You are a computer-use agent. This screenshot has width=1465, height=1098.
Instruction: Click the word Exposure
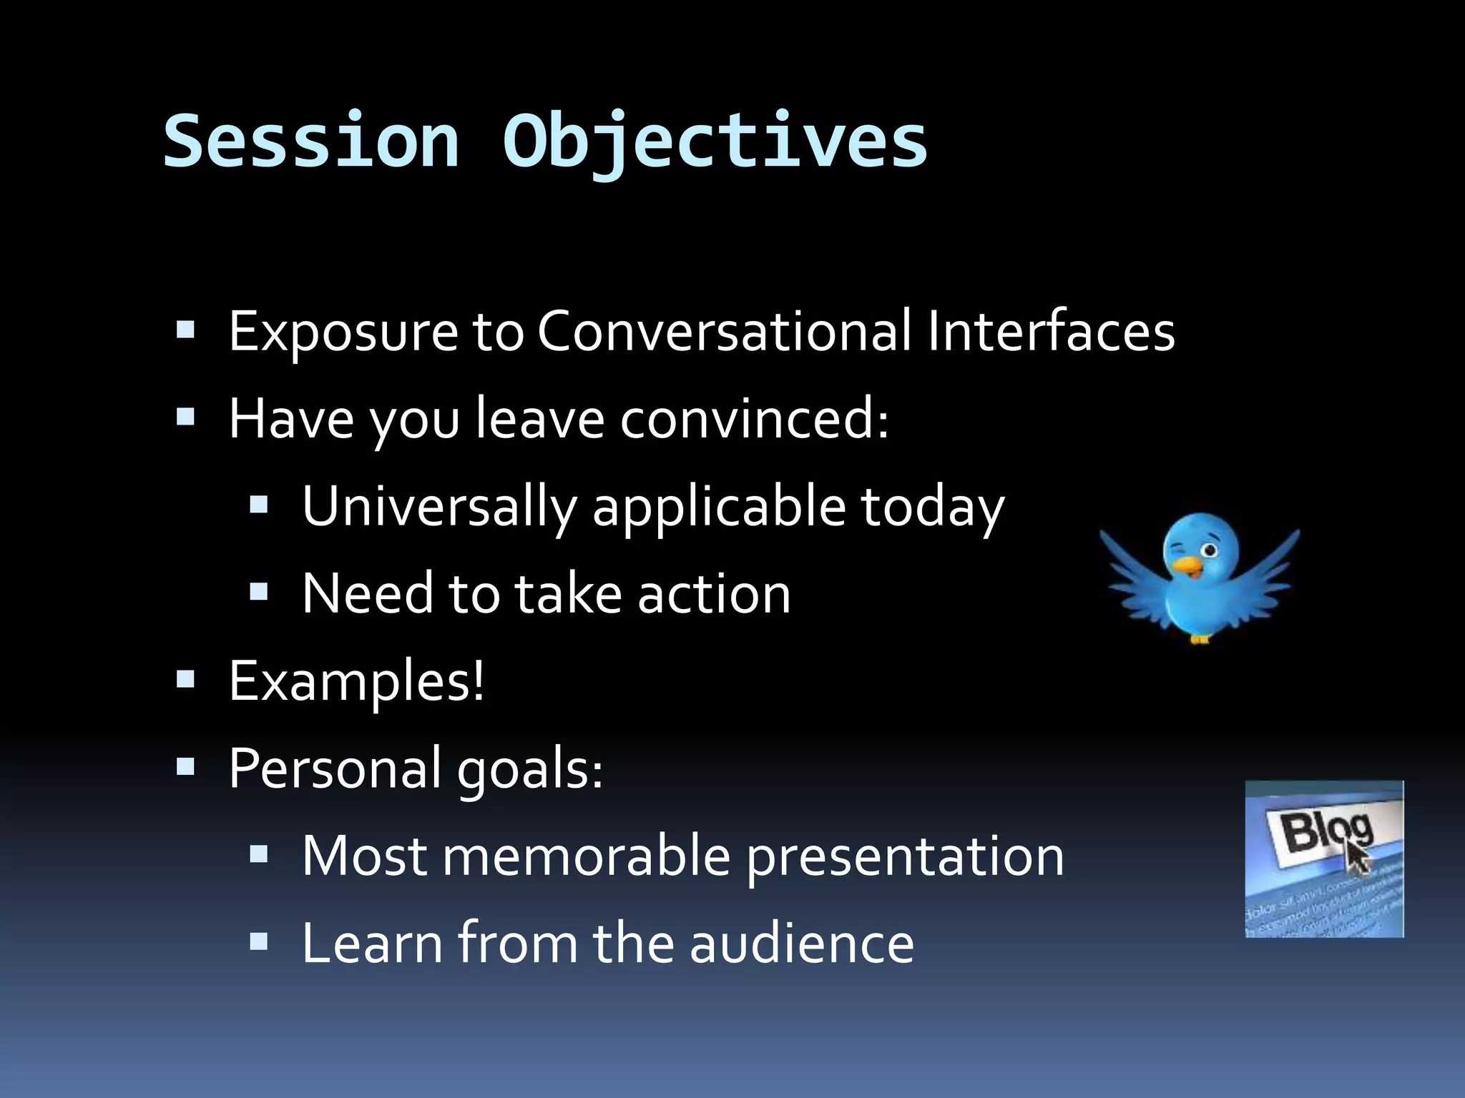point(343,332)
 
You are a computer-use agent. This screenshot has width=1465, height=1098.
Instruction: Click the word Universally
point(439,507)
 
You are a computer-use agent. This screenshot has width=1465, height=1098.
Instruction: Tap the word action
point(714,593)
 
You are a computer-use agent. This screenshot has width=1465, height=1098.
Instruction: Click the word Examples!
point(356,681)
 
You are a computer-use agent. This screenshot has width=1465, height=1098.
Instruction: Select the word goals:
point(530,769)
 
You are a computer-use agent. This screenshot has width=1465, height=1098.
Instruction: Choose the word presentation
point(905,857)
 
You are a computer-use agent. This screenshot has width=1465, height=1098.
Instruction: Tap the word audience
point(802,944)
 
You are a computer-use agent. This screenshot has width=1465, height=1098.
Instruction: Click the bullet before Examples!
point(185,678)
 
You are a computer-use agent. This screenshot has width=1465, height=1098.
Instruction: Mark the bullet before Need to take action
point(258,590)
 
